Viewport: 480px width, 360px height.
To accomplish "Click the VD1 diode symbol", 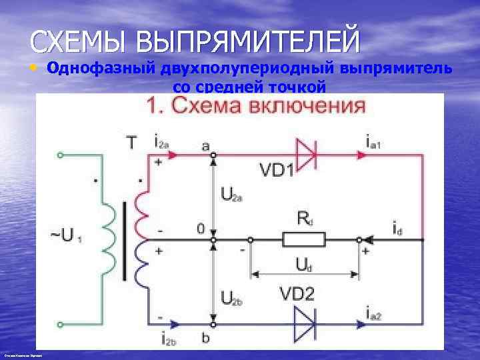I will click(x=306, y=155).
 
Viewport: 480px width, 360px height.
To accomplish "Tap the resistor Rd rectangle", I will click(x=304, y=239).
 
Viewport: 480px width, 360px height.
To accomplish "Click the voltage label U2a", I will click(x=231, y=195).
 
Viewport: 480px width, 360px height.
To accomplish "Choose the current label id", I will click(x=397, y=231).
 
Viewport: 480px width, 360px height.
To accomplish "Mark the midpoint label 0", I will click(x=201, y=229).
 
